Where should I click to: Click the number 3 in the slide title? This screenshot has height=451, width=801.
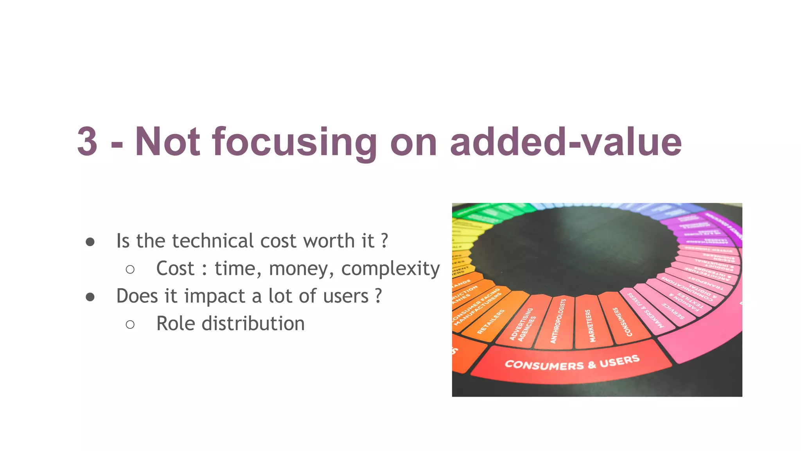87,142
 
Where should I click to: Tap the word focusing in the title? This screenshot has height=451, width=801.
295,143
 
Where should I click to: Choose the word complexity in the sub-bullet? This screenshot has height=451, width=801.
390,269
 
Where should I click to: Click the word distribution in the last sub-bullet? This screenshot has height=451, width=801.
253,324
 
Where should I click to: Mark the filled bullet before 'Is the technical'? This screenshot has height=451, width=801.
90,242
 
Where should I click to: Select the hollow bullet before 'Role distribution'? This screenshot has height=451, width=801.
130,325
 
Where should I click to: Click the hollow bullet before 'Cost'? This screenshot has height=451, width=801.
130,269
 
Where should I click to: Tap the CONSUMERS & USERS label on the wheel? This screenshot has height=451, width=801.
572,363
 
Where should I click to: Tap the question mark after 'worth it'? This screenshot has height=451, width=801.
384,241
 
